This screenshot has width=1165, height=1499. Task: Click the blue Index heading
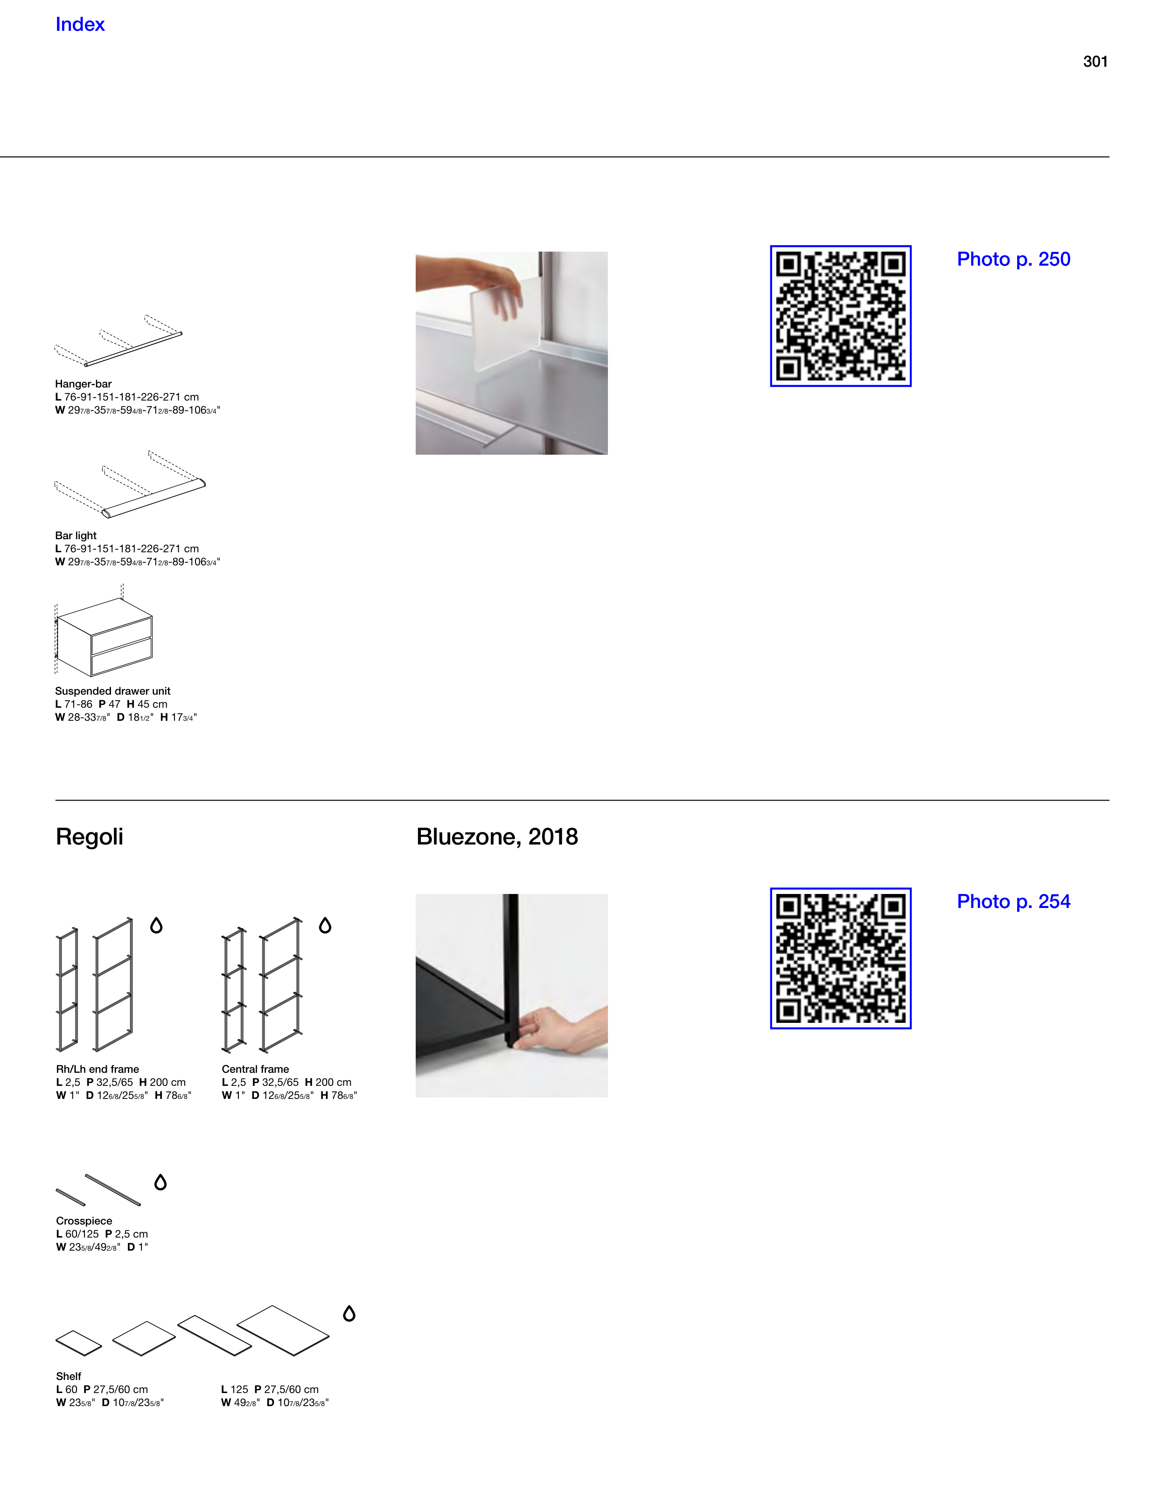pyautogui.click(x=80, y=25)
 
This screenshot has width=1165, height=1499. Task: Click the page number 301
pyautogui.click(x=1095, y=62)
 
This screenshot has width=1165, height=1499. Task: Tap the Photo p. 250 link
pyautogui.click(x=1013, y=260)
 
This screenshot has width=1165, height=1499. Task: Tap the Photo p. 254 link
pyautogui.click(x=1013, y=902)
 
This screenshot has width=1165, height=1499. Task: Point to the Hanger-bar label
pyautogui.click(x=83, y=384)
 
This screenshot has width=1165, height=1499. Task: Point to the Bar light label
pyautogui.click(x=76, y=535)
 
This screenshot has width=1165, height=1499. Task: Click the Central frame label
pyautogui.click(x=255, y=1070)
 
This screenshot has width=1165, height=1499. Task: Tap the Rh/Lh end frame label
pyautogui.click(x=98, y=1070)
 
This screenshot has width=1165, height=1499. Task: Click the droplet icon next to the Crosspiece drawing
pyautogui.click(x=160, y=1182)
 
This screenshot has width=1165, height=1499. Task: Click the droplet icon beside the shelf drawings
pyautogui.click(x=349, y=1313)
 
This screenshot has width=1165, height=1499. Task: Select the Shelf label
pyautogui.click(x=69, y=1376)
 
